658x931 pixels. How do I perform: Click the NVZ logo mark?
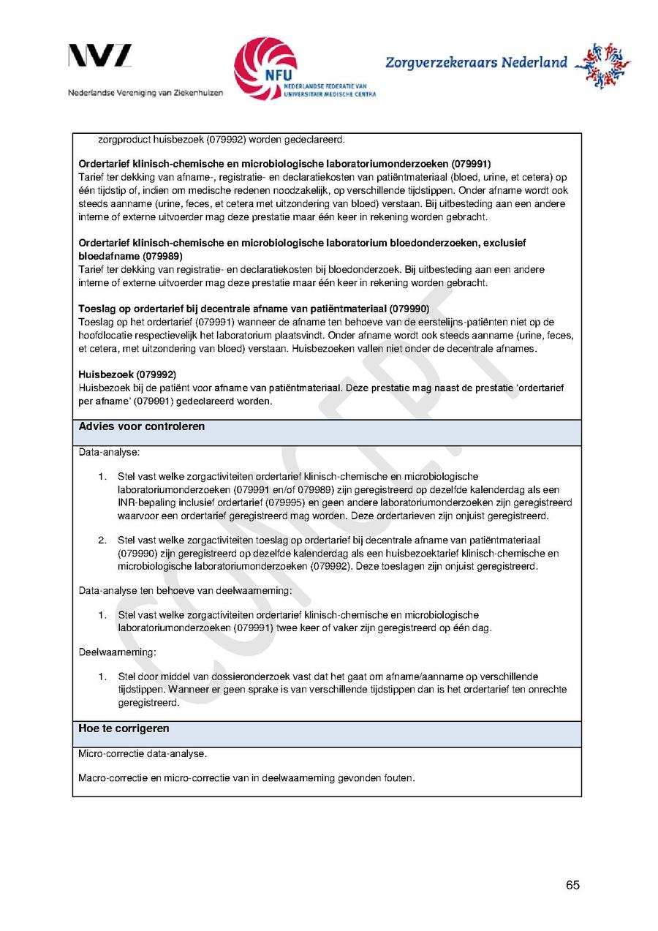[x=100, y=56]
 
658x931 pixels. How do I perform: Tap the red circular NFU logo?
[x=265, y=68]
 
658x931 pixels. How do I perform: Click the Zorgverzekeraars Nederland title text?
[x=476, y=63]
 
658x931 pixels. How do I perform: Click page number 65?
[x=572, y=885]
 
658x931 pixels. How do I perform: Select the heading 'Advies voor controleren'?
[x=142, y=426]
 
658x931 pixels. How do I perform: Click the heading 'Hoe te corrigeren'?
[x=124, y=728]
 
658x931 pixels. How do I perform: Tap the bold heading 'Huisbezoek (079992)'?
[x=127, y=374]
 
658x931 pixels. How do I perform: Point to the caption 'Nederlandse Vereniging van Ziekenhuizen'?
[x=145, y=94]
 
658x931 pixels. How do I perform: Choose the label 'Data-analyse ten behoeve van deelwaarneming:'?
[x=185, y=590]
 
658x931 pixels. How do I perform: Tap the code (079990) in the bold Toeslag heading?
[x=409, y=309]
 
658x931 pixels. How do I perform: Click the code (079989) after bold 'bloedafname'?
[x=162, y=257]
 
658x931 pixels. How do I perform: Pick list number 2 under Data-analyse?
[x=102, y=540]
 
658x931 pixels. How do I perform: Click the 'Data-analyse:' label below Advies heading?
[x=109, y=453]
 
